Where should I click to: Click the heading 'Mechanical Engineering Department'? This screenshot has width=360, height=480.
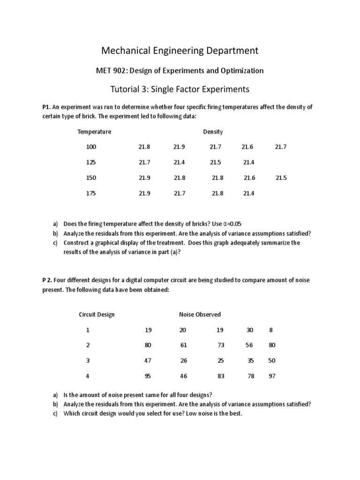tap(180, 50)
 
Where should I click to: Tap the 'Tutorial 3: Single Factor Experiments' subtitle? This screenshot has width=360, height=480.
tap(180, 89)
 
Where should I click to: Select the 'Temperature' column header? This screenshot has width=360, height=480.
tap(94, 132)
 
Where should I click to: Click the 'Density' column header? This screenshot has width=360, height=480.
tap(213, 132)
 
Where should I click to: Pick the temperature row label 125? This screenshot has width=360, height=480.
tap(91, 162)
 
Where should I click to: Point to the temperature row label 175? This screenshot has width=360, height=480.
tap(91, 193)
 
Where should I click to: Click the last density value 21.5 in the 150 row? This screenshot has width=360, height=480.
tap(281, 178)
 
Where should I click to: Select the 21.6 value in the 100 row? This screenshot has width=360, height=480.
tap(247, 147)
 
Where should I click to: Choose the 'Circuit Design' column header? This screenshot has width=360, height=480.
tap(97, 315)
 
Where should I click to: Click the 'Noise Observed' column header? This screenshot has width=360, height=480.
tap(200, 315)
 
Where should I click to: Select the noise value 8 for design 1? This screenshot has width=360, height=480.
tap(270, 330)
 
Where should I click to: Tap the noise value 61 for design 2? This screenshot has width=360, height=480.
tap(183, 345)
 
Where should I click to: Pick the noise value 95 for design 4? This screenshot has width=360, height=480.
tap(149, 376)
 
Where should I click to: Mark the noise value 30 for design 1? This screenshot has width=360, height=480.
tap(249, 330)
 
